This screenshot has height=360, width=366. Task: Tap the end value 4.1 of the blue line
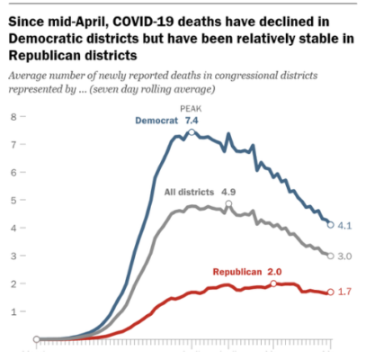[x=345, y=225]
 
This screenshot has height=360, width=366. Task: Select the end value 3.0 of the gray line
[x=345, y=256]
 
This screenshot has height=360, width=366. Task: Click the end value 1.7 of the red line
[x=345, y=292]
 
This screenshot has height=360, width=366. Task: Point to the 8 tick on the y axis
[x=13, y=117]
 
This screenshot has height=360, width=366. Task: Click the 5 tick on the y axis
[x=13, y=201]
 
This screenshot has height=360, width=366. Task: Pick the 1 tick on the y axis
[x=13, y=311]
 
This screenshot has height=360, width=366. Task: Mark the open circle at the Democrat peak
[x=191, y=132]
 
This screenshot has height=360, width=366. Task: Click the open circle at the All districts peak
[x=228, y=204]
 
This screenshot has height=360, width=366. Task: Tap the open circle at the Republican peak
[x=273, y=283]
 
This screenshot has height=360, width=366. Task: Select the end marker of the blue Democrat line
[x=331, y=225]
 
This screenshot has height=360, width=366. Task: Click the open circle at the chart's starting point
[x=37, y=340]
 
